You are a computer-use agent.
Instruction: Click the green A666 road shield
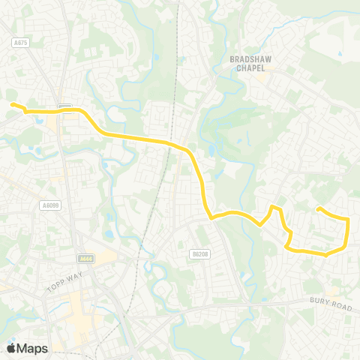click(x=86, y=259)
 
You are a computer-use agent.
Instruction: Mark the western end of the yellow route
click(x=11, y=105)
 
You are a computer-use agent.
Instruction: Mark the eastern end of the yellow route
click(x=319, y=208)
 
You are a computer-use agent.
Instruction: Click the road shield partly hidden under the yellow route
click(x=64, y=107)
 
